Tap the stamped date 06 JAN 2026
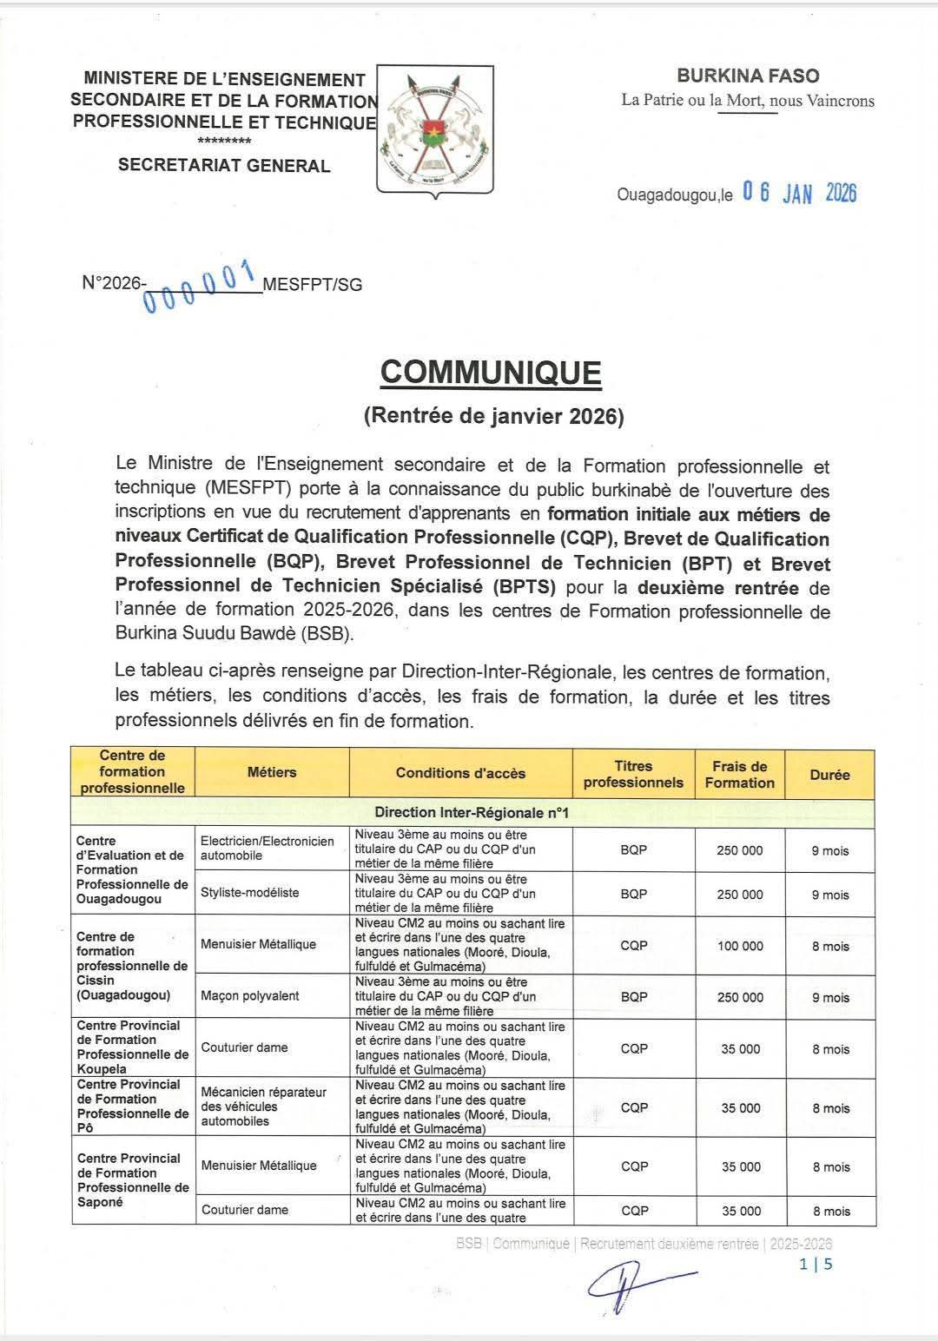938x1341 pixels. pyautogui.click(x=799, y=193)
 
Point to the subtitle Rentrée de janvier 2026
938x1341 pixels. pyautogui.click(x=493, y=416)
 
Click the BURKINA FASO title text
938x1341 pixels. pyautogui.click(x=748, y=76)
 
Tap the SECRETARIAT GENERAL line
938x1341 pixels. pyautogui.click(x=224, y=165)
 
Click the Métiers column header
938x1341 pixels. pyautogui.click(x=272, y=771)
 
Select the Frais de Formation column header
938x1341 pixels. pyautogui.click(x=739, y=774)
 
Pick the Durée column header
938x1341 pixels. pyautogui.click(x=829, y=774)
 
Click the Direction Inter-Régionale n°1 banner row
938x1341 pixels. pyautogui.click(x=472, y=812)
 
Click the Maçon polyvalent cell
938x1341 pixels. pyautogui.click(x=250, y=995)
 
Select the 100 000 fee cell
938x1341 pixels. pyautogui.click(x=740, y=946)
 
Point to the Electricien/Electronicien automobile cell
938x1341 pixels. pyautogui.click(x=267, y=848)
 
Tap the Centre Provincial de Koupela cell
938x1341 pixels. pyautogui.click(x=132, y=1047)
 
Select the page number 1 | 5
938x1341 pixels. pyautogui.click(x=816, y=1264)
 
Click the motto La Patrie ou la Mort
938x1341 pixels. pyautogui.click(x=748, y=100)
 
